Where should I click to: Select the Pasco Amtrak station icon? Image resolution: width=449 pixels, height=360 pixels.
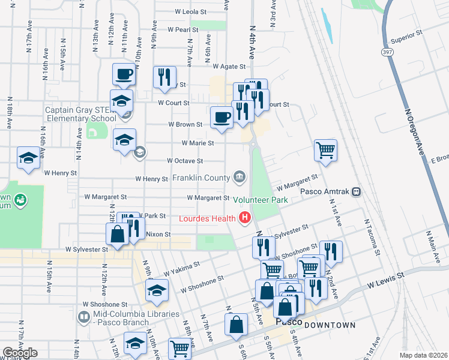click(x=356, y=191)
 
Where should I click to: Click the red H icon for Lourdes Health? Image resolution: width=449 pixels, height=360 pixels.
click(x=244, y=218)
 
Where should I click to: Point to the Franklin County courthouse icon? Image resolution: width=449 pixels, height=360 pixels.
click(x=239, y=177)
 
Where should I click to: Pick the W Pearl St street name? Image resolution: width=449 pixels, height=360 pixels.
click(x=183, y=29)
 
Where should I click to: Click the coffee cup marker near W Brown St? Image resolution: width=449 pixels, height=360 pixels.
click(x=221, y=116)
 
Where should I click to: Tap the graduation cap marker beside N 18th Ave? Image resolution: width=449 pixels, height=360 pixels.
click(x=28, y=158)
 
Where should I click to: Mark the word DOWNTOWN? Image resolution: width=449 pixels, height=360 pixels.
click(x=330, y=325)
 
